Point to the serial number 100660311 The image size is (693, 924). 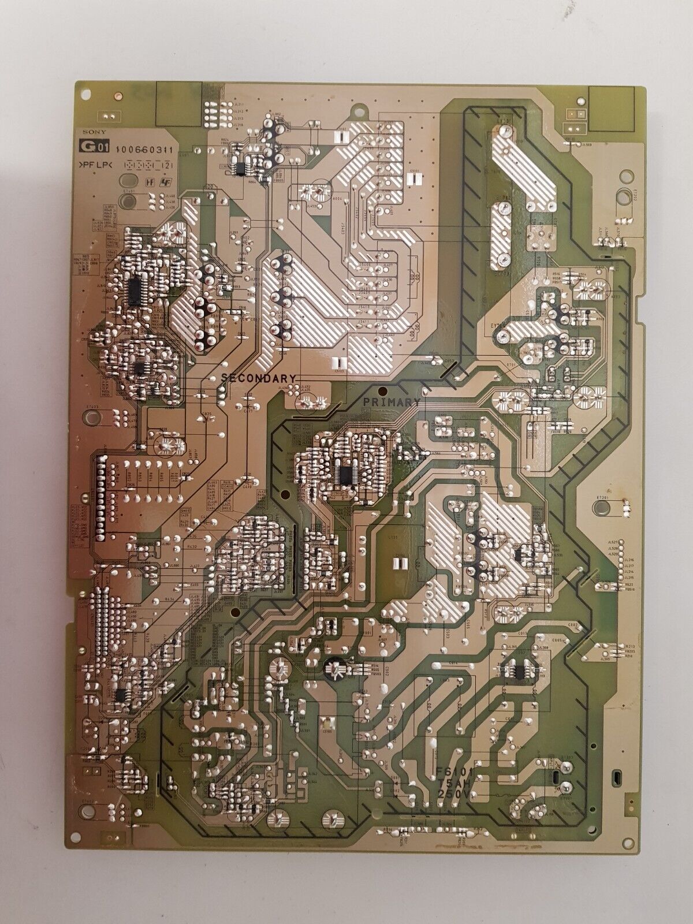(x=137, y=152)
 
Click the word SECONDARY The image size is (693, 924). (x=259, y=378)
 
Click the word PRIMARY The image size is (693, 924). (x=391, y=401)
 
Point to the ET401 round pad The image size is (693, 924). (x=126, y=201)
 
